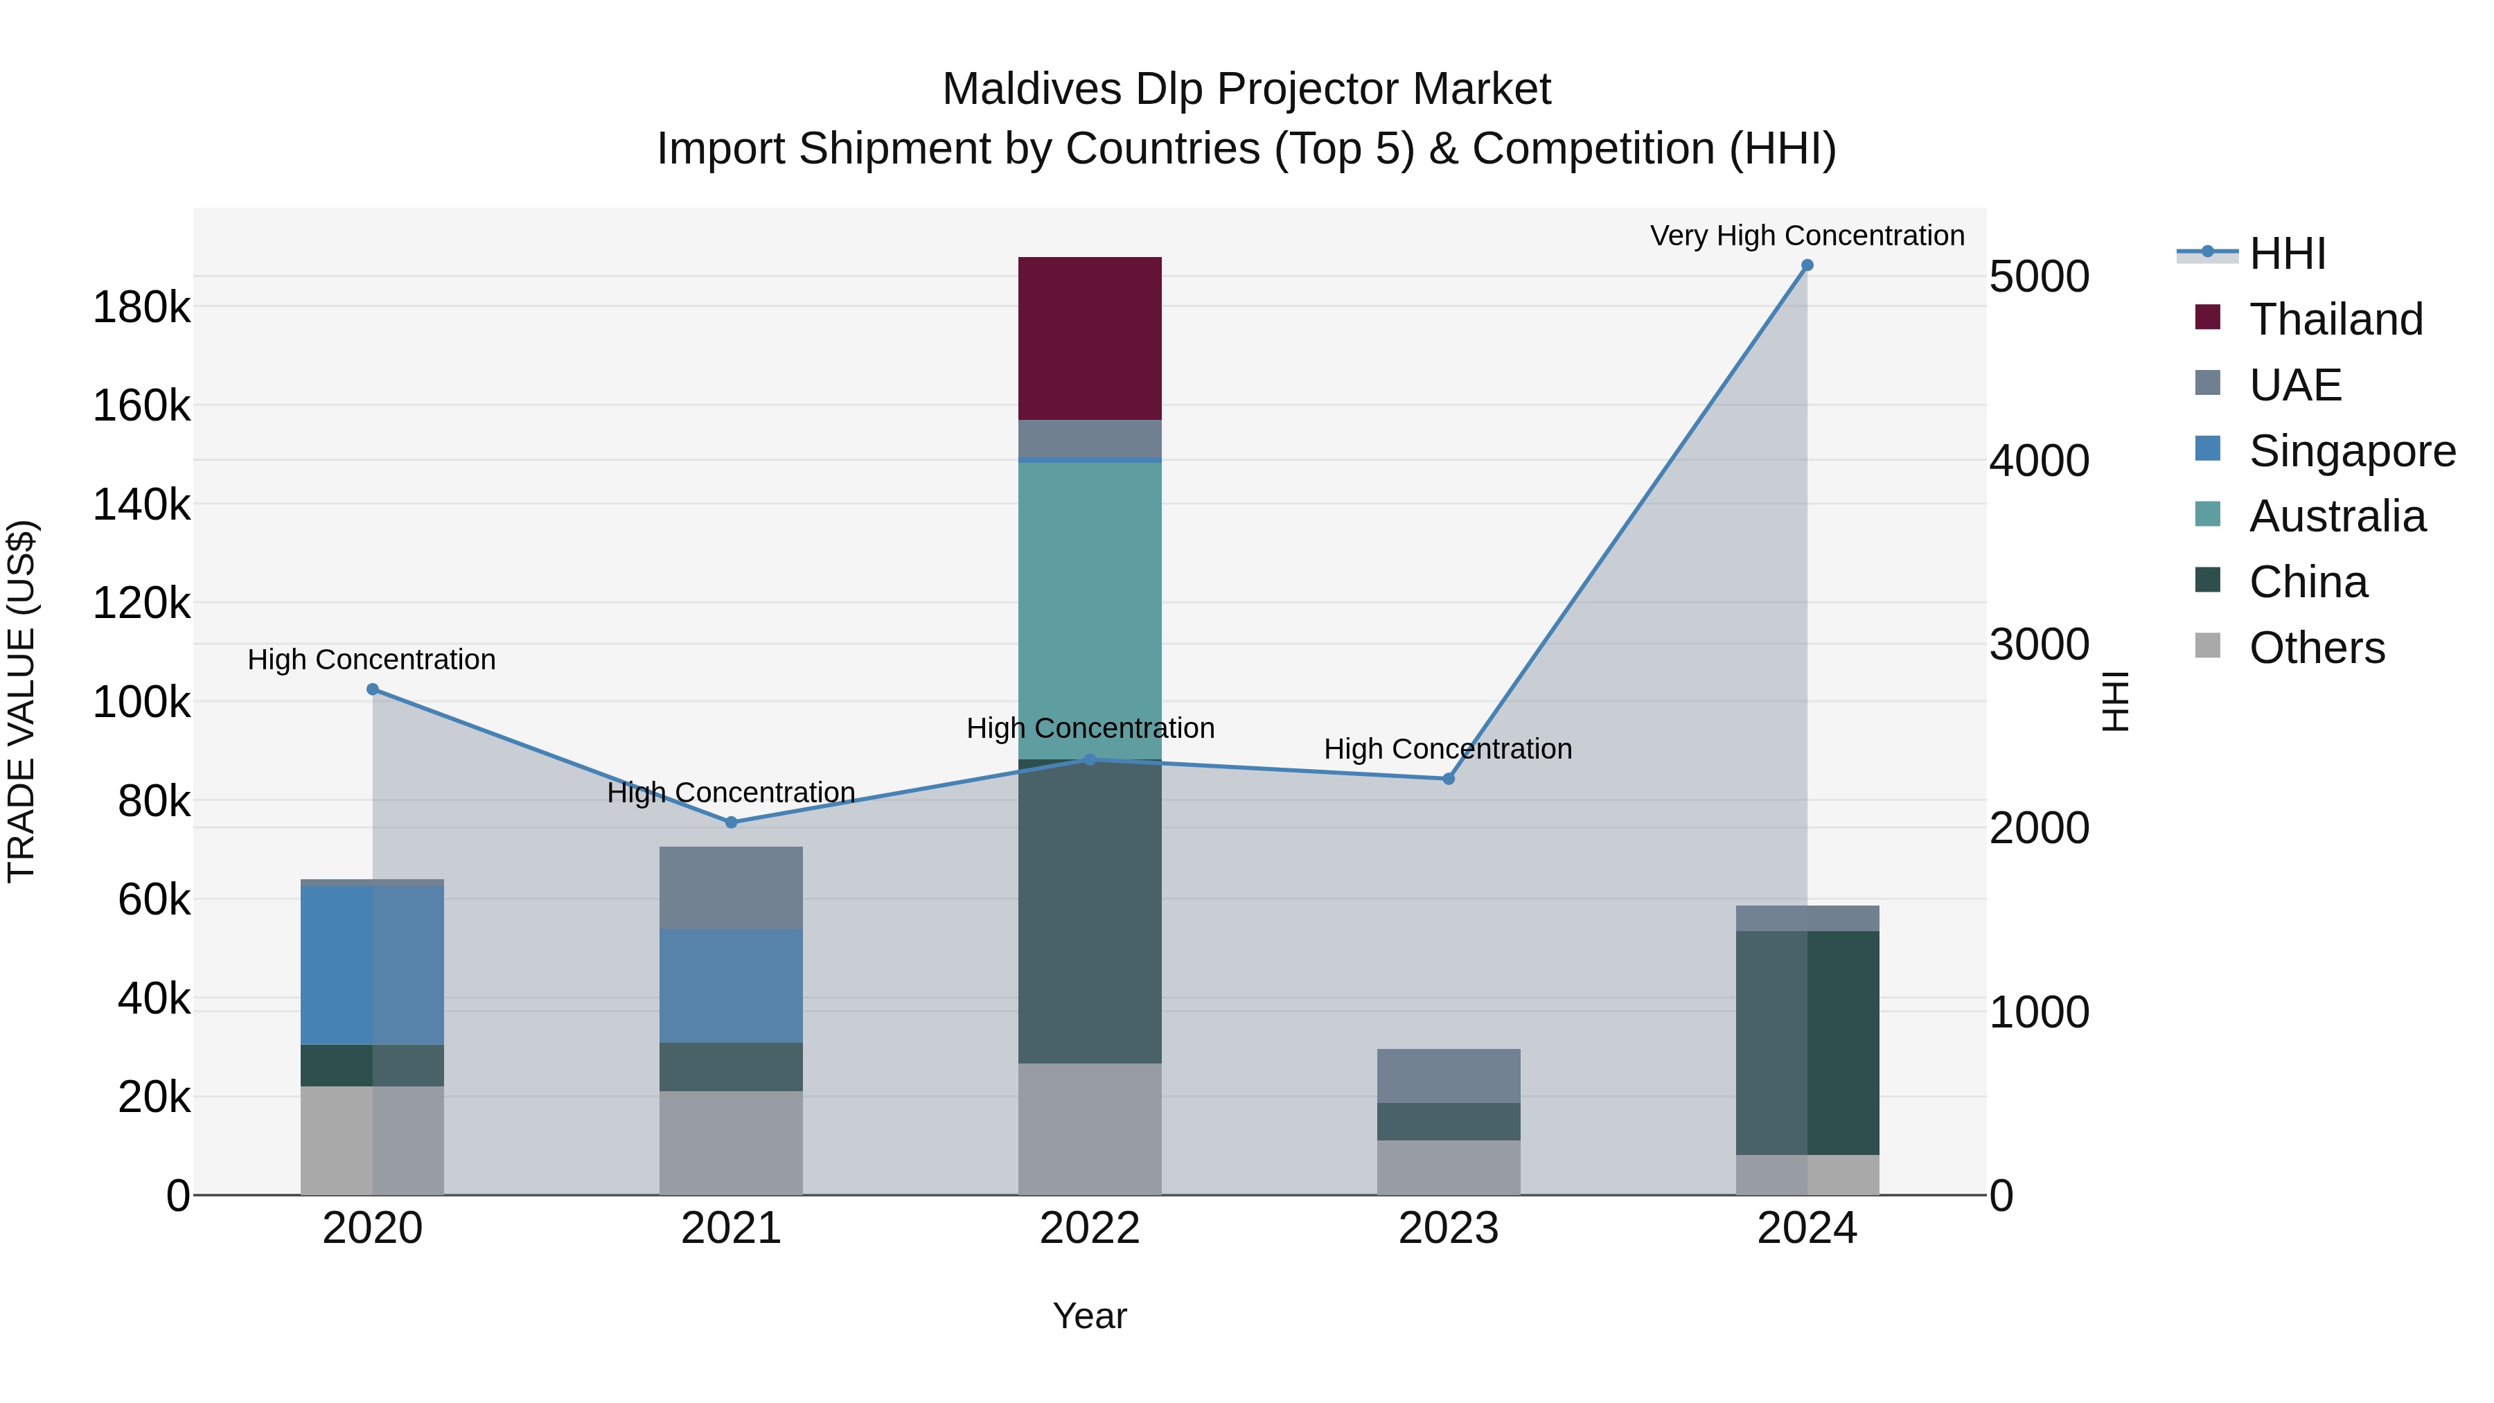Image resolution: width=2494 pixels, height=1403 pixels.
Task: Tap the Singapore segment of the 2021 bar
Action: coord(731,986)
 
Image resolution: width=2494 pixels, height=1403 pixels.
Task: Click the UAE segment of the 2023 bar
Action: coord(1449,1076)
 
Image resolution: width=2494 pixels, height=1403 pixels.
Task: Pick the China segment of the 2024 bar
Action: coord(1807,1042)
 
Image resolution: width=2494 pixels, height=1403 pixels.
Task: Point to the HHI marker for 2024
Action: coord(1807,265)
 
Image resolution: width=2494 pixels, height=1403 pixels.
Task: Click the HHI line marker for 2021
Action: coord(731,822)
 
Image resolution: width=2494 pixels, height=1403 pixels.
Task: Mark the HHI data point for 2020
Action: coord(373,689)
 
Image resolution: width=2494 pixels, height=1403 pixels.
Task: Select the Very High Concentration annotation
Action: coord(1807,236)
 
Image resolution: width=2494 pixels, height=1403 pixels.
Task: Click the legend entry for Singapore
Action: coord(2352,451)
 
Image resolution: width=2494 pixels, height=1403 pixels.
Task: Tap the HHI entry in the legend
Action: coord(2287,254)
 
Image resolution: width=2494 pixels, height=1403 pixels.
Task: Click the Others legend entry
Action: coord(2316,648)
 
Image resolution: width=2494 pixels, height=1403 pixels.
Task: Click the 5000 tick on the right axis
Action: coord(2039,277)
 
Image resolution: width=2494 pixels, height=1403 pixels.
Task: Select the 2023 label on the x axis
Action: coord(1449,1228)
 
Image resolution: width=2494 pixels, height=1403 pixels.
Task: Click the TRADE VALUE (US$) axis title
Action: coord(22,701)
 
